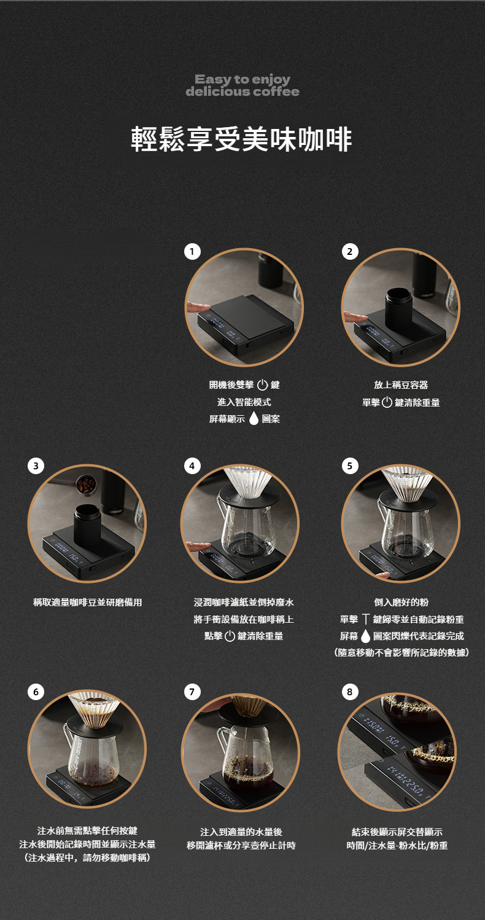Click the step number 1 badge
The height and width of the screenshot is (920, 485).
[x=192, y=251]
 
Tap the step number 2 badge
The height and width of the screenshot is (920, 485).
[x=350, y=251]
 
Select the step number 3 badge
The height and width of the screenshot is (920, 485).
[x=36, y=466]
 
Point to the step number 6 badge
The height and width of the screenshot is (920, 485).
[x=36, y=692]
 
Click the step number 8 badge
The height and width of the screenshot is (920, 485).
[x=350, y=692]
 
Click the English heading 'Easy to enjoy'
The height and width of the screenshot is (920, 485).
[x=243, y=79]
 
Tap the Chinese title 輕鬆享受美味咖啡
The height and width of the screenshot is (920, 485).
[x=242, y=139]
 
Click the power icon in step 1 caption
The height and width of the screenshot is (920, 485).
[x=262, y=385]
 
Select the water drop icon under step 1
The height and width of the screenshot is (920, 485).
[x=254, y=418]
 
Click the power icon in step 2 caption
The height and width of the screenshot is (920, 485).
[x=387, y=402]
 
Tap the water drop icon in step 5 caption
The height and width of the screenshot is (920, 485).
[x=365, y=636]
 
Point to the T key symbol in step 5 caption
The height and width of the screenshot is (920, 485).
[x=365, y=619]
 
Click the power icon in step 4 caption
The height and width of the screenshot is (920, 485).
[x=230, y=636]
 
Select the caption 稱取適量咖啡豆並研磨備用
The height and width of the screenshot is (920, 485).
[x=87, y=602]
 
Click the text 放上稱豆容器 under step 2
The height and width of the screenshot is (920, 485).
[x=401, y=385]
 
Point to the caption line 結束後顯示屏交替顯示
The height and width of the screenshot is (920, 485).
[x=397, y=832]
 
